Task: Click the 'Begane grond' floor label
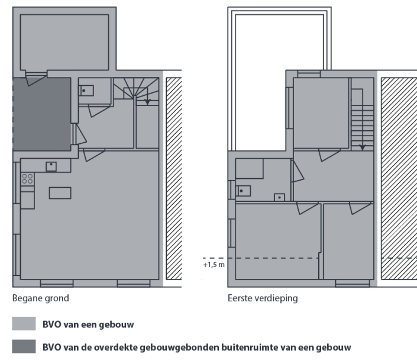click(x=40, y=298)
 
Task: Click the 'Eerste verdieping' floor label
click(x=263, y=298)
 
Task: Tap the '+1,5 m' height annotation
click(x=214, y=264)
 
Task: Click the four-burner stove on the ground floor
click(x=27, y=179)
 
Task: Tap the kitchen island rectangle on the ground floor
click(x=60, y=193)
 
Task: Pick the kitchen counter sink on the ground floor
click(x=51, y=165)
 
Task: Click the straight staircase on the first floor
click(x=362, y=118)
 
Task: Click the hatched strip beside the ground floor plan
click(x=172, y=178)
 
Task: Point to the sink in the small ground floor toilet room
click(x=86, y=91)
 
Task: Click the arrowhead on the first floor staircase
click(x=363, y=146)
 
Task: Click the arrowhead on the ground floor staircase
click(x=147, y=102)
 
